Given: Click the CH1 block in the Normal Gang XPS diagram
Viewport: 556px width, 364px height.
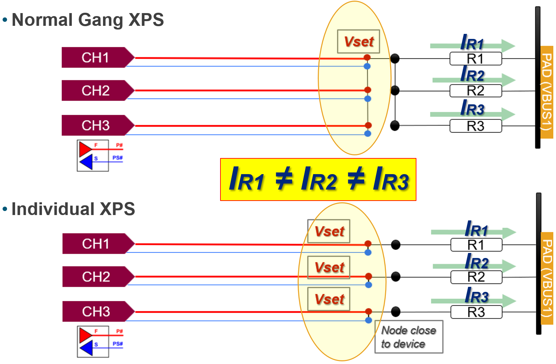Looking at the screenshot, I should pos(96,58).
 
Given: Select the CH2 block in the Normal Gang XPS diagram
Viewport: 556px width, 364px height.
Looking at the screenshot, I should pos(96,91).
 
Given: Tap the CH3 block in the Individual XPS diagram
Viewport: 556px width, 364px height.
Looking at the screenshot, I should pos(96,312).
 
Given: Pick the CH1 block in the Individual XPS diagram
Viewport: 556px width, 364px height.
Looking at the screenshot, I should pos(96,244).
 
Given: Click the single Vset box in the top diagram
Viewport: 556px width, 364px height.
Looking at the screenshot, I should pos(358,42).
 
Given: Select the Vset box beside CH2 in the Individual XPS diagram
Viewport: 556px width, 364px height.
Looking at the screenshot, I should pos(329,267).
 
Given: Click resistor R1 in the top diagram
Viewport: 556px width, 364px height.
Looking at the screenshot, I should pos(475,59).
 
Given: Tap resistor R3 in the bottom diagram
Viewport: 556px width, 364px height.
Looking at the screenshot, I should pos(476,312).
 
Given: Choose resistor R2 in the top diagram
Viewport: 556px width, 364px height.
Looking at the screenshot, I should pos(475,91).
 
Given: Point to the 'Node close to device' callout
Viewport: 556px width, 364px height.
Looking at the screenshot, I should pos(409,337).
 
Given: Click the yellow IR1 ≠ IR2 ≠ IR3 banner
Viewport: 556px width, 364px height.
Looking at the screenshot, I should pos(318,179).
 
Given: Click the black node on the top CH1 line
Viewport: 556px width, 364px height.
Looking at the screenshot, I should pos(395,59).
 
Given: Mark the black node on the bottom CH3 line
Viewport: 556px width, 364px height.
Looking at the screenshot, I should pos(396,312).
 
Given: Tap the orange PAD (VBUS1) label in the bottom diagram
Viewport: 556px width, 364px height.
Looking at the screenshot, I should pos(547,278).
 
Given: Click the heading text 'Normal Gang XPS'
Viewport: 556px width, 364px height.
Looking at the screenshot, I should pos(88,20).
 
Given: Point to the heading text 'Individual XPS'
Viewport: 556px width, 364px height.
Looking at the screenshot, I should pos(73,209).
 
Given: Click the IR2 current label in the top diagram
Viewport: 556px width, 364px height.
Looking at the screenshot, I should pos(472,74).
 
